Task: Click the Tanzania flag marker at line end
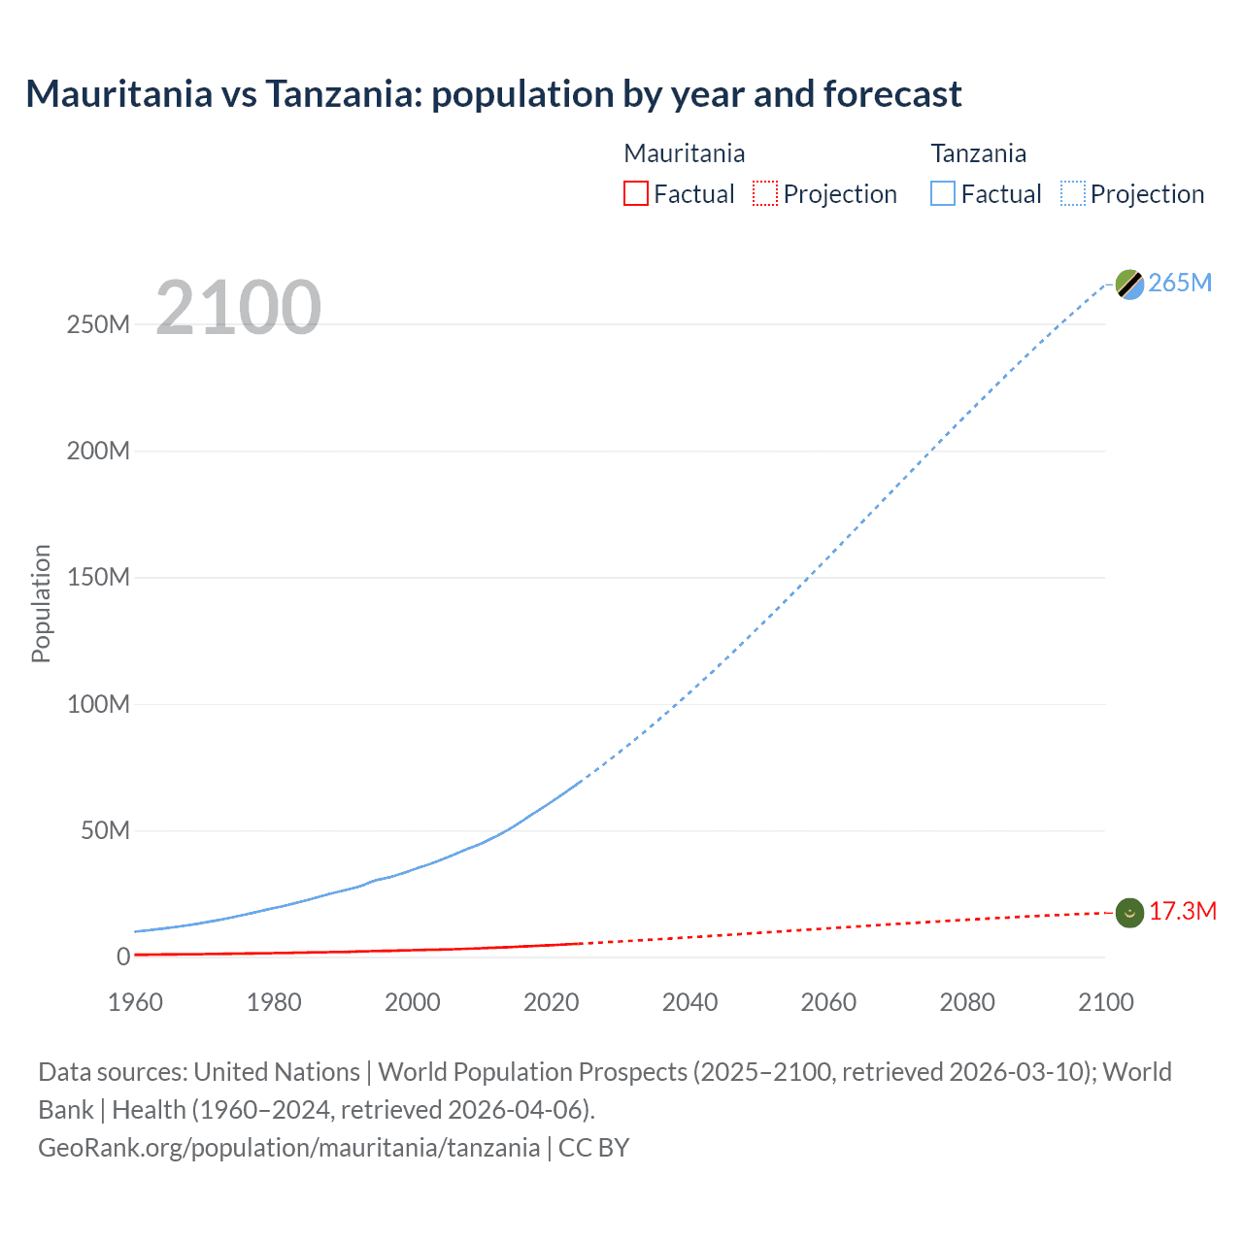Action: click(1129, 285)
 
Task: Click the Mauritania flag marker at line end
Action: click(1129, 913)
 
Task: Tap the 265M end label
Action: click(1180, 283)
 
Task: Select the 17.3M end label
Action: click(1182, 911)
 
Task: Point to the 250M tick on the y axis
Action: click(98, 324)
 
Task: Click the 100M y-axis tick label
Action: click(98, 704)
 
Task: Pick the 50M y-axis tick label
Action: click(105, 830)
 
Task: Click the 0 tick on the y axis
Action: click(123, 957)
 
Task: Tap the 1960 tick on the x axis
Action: click(135, 1002)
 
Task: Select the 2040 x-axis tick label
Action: click(689, 1002)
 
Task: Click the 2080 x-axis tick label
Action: click(967, 1002)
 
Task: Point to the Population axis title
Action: click(41, 603)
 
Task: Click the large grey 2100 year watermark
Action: click(238, 308)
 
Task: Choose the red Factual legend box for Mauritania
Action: click(636, 193)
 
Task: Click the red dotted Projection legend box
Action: click(765, 193)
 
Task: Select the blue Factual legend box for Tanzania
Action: click(943, 193)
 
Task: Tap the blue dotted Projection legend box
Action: click(1073, 193)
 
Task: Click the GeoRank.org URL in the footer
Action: click(288, 1147)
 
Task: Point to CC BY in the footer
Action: click(593, 1147)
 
